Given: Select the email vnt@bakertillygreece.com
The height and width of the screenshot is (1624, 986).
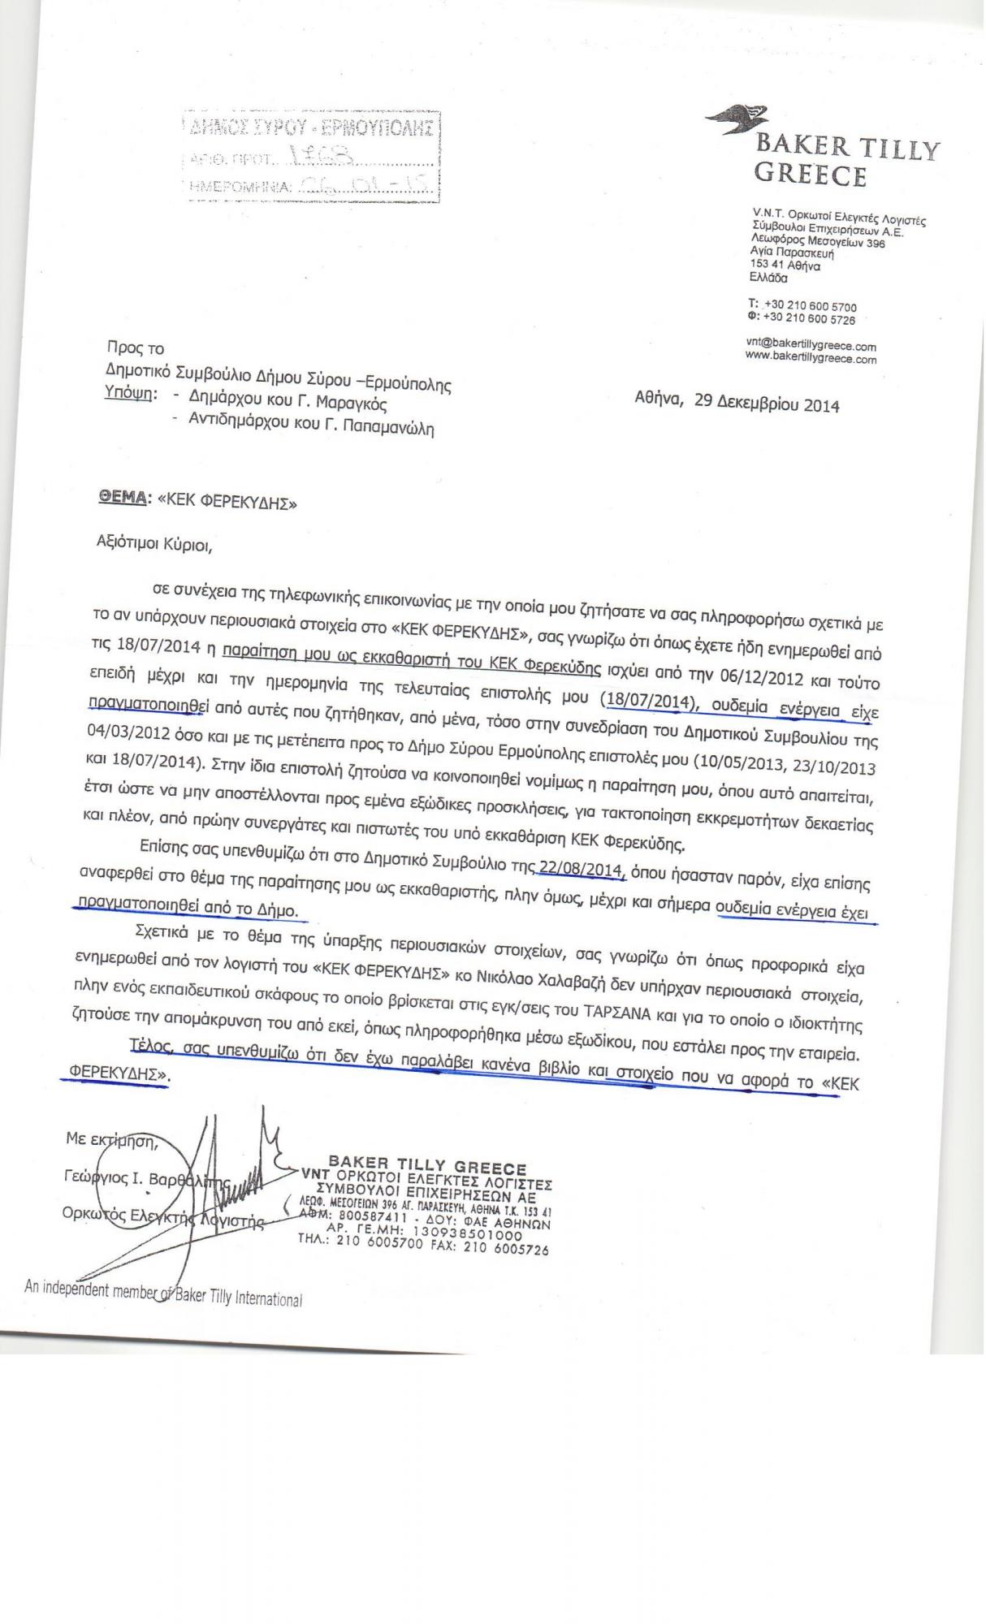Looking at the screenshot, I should (811, 345).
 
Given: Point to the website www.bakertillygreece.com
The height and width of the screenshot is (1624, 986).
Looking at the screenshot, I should (811, 357).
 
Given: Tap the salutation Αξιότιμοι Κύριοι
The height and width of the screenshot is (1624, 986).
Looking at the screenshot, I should (154, 543).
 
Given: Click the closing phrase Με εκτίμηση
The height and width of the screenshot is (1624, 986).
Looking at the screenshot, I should (110, 1140).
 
